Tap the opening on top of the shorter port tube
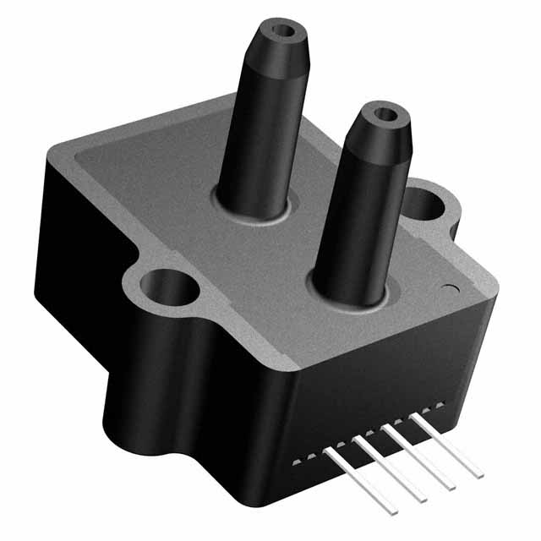[x=385, y=113]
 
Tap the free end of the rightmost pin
[x=478, y=466]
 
